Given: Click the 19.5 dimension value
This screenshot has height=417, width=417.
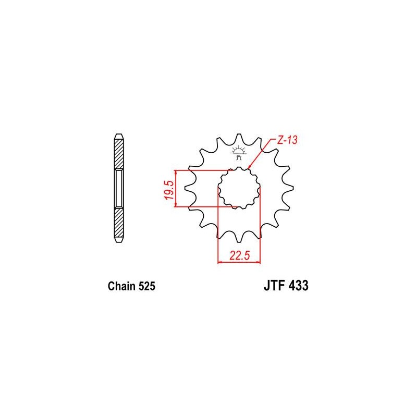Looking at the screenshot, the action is point(169,190).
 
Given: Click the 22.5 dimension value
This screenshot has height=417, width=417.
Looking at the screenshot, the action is point(240,255).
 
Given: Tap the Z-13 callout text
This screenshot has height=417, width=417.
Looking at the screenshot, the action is point(287,140).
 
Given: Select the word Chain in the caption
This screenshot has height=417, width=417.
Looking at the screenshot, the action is point(121,286).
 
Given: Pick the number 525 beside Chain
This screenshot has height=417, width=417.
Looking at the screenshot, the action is point(146,286).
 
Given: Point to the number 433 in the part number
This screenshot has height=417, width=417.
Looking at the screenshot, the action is point(298,285).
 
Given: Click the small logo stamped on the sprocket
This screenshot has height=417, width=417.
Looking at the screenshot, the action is point(238,152).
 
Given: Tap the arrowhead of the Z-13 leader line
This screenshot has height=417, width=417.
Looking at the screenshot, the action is point(249,167).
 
